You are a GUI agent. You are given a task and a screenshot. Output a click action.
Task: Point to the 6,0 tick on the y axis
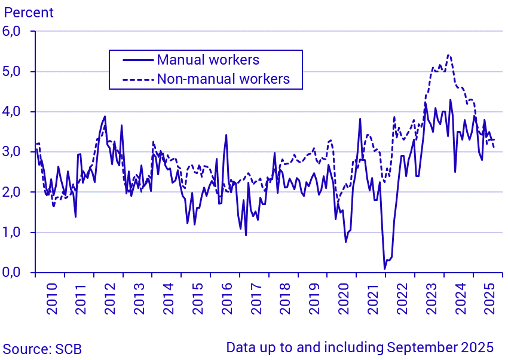[x=16, y=32]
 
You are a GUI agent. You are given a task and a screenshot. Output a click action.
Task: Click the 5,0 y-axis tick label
[x=16, y=72]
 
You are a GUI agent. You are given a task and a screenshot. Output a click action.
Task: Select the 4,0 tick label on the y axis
[x=16, y=112]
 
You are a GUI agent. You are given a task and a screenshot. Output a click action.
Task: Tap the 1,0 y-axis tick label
[x=16, y=233]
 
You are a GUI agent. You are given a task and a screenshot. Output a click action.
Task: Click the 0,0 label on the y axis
[x=16, y=273]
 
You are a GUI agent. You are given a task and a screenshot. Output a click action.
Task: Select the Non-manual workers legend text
[x=223, y=78]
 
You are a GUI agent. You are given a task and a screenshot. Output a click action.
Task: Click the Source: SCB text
[x=42, y=349]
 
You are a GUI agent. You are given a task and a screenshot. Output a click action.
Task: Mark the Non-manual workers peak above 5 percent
[x=448, y=55]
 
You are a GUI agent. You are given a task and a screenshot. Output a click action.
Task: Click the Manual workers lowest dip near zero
[x=385, y=269]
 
